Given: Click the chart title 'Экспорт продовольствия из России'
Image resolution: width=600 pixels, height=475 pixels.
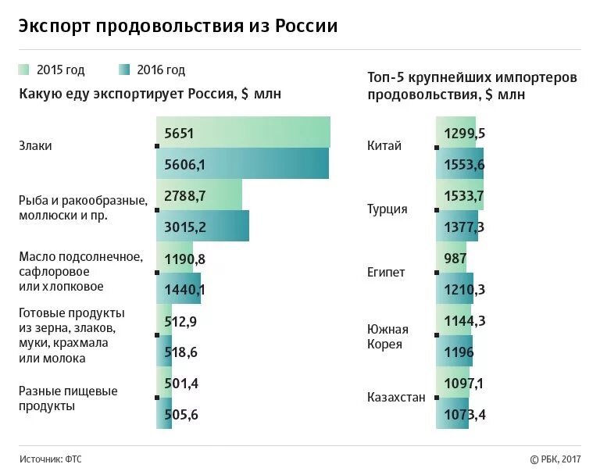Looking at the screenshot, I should click(x=178, y=26).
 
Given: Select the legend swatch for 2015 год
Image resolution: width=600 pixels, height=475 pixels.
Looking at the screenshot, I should click(x=24, y=70).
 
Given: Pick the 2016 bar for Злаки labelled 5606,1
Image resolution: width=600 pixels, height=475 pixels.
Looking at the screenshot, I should click(x=242, y=164).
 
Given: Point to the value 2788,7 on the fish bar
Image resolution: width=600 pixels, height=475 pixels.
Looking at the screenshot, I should click(x=185, y=195).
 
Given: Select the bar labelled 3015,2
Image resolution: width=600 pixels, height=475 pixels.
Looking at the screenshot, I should click(x=202, y=227).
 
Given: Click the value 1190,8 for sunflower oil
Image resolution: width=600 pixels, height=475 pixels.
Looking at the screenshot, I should click(x=185, y=258).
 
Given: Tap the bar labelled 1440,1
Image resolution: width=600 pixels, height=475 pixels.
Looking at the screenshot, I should click(x=179, y=289).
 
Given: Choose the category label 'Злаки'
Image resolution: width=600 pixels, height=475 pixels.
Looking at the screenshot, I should click(x=35, y=146).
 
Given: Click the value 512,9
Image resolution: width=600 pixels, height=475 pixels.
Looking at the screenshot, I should click(x=181, y=320).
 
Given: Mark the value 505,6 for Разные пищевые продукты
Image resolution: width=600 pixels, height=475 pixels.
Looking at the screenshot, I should click(x=181, y=414).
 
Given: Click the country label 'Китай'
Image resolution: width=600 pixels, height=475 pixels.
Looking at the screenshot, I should click(x=384, y=146).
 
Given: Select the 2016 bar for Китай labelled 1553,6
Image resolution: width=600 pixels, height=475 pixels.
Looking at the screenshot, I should click(x=460, y=164).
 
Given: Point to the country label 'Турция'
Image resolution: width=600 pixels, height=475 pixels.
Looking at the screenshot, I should click(x=387, y=209).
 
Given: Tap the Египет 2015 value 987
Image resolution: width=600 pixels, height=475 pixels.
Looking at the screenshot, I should click(x=455, y=258).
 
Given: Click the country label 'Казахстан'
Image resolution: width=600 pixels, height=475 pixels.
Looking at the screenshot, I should click(x=396, y=397).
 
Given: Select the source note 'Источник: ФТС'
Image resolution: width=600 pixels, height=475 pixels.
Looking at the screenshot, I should click(x=50, y=459).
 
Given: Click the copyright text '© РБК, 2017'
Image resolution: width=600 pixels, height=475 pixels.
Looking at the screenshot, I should click(x=555, y=459).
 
